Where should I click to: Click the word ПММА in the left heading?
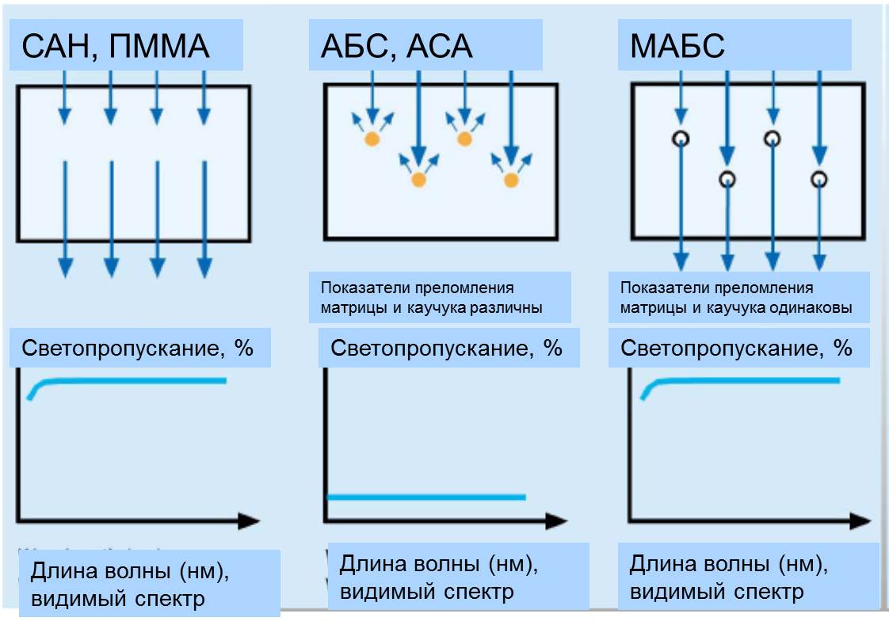coord(160,47)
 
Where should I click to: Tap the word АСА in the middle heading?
coord(439,47)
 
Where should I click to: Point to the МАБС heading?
coord(677,47)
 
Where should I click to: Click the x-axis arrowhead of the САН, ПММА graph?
coord(250,520)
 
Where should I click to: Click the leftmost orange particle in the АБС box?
coord(371,139)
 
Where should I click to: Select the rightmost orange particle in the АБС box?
coord(511,180)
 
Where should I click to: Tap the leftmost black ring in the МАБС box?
coord(680,139)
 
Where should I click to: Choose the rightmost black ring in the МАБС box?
coord(819,179)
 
